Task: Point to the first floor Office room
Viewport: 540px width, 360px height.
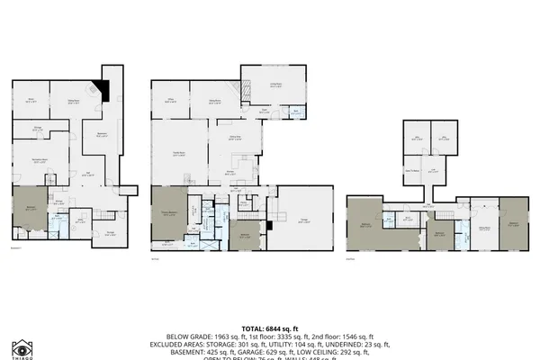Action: pos(170,102)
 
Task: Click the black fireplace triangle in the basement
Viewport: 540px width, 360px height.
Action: pos(103,88)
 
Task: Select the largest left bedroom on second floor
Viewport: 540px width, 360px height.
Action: pos(365,224)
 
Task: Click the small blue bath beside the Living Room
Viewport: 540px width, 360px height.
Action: pos(296,112)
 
